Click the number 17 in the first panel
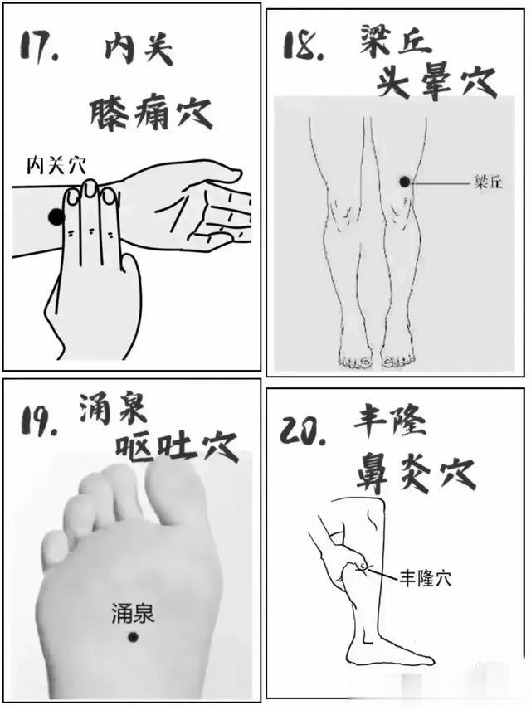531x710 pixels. [39, 48]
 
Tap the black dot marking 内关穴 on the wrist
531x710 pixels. [56, 217]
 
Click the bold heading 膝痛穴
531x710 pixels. [151, 112]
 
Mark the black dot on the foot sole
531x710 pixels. [132, 637]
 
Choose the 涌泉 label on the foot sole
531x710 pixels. [133, 615]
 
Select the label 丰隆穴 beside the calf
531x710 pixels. [426, 576]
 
